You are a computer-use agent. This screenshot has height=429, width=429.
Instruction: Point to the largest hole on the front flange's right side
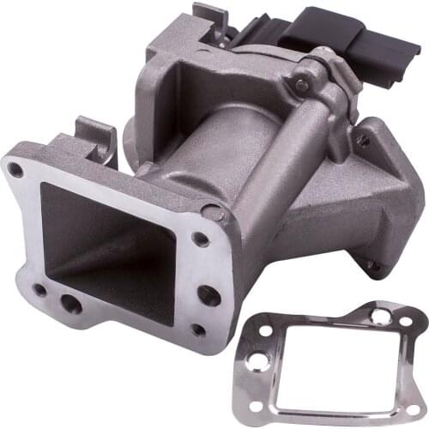coord(207,295)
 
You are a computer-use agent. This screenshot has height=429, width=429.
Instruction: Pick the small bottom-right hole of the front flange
coord(199,329)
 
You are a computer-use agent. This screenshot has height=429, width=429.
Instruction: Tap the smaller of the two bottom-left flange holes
coord(40,290)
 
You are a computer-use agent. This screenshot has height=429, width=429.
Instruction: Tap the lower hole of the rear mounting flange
coord(373,267)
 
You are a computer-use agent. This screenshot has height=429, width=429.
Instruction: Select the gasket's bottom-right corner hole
coord(413,409)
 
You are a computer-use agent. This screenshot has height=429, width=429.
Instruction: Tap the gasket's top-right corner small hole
coord(405,320)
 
